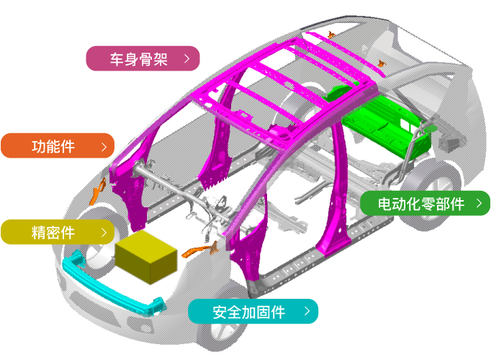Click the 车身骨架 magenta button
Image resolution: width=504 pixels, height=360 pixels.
click(x=143, y=58)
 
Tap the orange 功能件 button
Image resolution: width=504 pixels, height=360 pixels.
click(x=58, y=146)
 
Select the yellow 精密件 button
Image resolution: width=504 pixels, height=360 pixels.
click(x=58, y=232)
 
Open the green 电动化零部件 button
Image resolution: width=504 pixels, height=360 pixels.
click(x=425, y=203)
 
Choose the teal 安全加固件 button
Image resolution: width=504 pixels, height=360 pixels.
click(x=253, y=311)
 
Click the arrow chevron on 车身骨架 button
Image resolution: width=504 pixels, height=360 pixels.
click(x=186, y=58)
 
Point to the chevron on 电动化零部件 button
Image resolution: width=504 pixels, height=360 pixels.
click(x=480, y=203)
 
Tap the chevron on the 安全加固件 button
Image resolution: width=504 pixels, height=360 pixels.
click(x=307, y=311)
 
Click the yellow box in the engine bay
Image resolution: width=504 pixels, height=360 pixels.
click(x=146, y=256)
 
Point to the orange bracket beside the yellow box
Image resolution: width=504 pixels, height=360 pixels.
click(x=200, y=250)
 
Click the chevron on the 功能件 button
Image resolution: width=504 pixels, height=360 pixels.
click(x=104, y=147)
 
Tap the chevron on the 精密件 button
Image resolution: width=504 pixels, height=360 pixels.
click(x=104, y=233)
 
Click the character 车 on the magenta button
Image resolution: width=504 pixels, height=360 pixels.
click(x=117, y=59)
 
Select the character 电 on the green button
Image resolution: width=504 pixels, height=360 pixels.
click(x=384, y=204)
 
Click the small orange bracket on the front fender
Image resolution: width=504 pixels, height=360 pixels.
click(x=98, y=192)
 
